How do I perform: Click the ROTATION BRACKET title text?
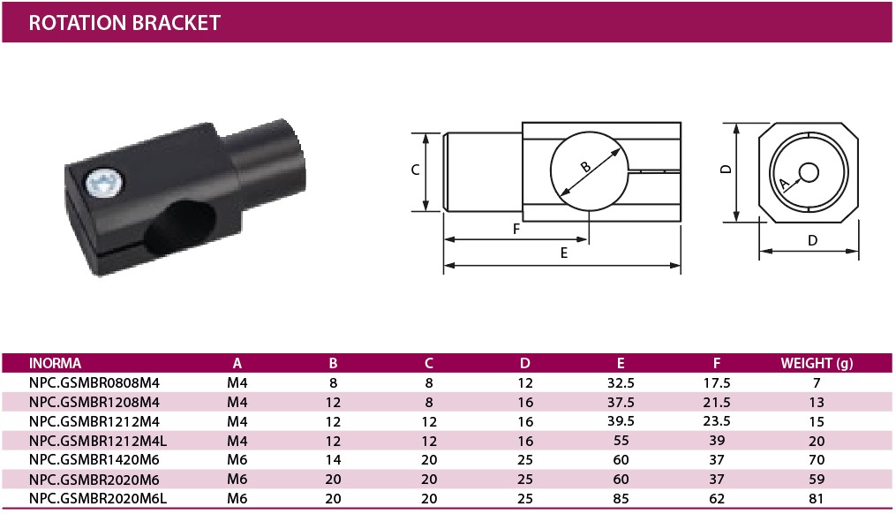click(124, 23)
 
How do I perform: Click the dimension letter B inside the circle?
click(586, 167)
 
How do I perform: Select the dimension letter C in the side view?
click(416, 170)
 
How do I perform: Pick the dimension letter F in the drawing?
click(516, 230)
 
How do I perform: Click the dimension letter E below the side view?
click(564, 253)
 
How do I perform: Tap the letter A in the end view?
click(785, 184)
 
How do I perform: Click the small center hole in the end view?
click(809, 172)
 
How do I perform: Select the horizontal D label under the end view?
click(812, 241)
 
